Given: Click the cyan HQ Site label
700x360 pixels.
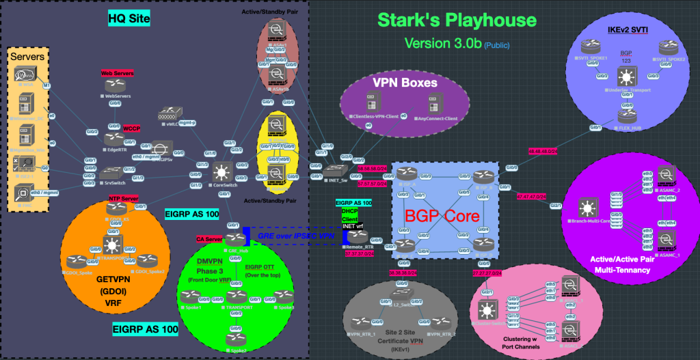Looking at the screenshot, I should click(129, 18).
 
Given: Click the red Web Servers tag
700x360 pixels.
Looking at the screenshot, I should click(117, 72).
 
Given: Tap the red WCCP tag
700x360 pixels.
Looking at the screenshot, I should click(132, 127).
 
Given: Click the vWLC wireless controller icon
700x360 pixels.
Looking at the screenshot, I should click(168, 113).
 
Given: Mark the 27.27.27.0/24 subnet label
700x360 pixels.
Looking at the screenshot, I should click(487, 273).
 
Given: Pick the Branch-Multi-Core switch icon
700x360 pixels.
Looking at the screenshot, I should click(588, 207).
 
